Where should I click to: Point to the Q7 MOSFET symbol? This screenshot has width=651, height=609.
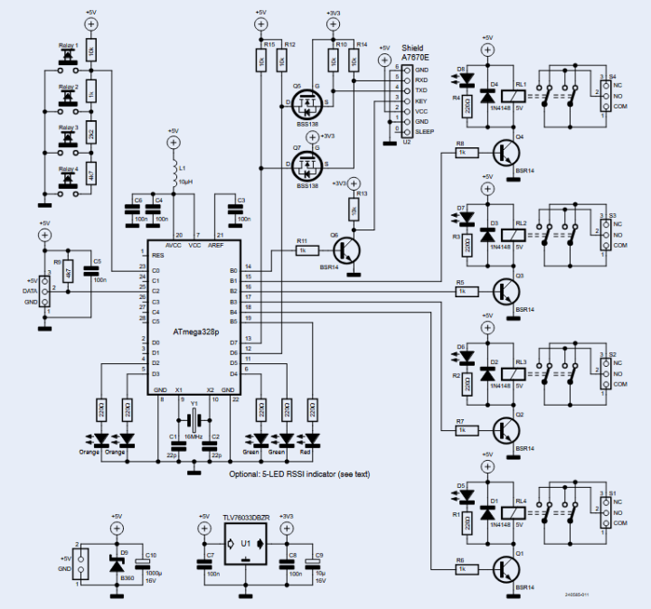308,164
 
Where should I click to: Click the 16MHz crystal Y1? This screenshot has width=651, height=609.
193,418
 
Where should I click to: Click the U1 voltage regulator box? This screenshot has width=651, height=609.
246,544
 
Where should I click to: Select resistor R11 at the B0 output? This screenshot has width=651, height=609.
302,253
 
